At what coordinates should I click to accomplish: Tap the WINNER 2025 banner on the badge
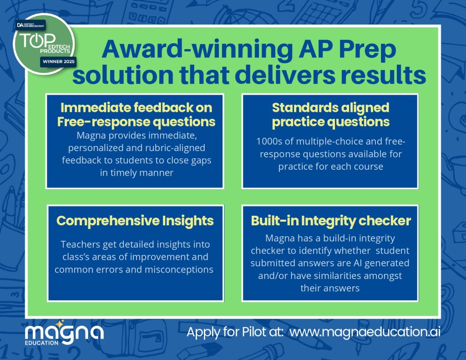click(59, 61)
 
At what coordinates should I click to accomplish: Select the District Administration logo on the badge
click(30, 25)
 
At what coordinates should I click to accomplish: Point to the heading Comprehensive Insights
click(135, 221)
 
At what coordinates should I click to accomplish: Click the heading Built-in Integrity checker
click(331, 221)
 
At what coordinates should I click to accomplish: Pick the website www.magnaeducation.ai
click(365, 332)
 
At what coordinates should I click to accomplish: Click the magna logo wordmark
click(64, 332)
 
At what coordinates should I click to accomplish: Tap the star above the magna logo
click(60, 323)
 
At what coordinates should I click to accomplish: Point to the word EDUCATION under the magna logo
click(41, 343)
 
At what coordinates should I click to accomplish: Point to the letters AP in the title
click(316, 49)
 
